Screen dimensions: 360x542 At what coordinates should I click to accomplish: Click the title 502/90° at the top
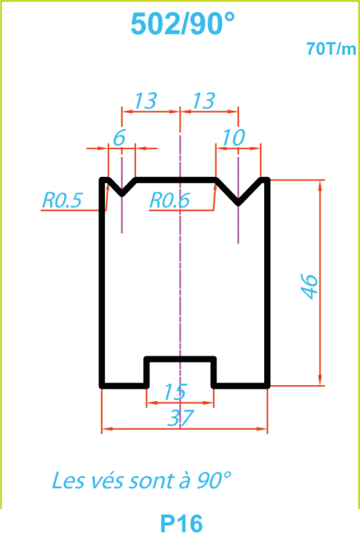183,24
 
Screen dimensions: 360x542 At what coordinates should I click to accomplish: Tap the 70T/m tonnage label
331,49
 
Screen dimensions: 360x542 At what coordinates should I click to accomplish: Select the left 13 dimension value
145,101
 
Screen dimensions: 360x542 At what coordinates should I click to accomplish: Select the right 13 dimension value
204,101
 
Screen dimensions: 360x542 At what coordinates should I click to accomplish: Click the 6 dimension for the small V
119,138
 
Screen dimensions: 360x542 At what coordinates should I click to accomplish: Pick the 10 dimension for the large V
234,138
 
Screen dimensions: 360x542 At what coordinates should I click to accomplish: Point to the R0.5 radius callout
62,200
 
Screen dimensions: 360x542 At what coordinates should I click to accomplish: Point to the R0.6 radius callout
169,200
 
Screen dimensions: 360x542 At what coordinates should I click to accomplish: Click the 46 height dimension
310,286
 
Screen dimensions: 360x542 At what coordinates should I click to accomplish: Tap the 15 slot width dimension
176,392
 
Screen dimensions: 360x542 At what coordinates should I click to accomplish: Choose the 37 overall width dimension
180,418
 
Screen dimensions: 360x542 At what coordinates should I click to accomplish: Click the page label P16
181,524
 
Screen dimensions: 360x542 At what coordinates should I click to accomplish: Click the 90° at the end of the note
214,480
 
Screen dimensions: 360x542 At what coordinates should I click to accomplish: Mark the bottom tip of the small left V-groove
122,194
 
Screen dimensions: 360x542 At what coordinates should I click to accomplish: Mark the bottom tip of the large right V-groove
238,203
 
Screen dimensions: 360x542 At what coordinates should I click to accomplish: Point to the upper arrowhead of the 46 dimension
320,185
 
